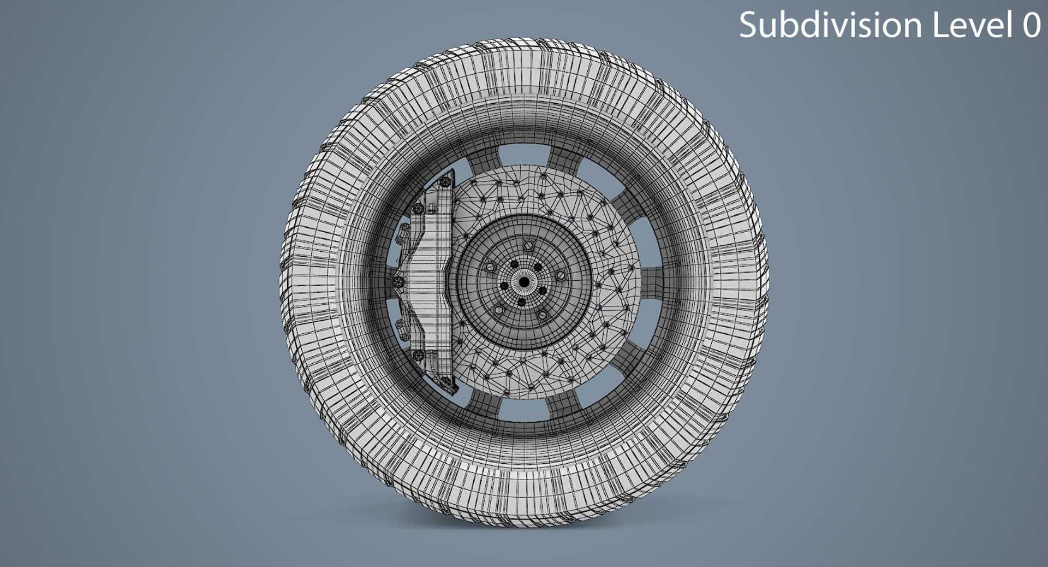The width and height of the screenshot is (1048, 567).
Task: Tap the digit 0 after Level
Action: [1031, 26]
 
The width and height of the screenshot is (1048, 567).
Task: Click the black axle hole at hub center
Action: [523, 282]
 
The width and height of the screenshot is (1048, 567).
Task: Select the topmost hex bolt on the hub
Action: [527, 246]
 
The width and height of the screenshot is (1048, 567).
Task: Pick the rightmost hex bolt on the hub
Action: [560, 275]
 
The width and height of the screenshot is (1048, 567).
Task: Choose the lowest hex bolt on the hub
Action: [541, 316]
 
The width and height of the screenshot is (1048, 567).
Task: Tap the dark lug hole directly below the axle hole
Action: [521, 302]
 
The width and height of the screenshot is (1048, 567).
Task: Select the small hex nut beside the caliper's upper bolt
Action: [431, 208]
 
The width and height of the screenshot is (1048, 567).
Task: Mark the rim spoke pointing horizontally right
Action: [655, 281]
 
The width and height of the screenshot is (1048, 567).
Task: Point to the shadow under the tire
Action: [523, 533]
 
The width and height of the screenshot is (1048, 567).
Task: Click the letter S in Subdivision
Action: [748, 26]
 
